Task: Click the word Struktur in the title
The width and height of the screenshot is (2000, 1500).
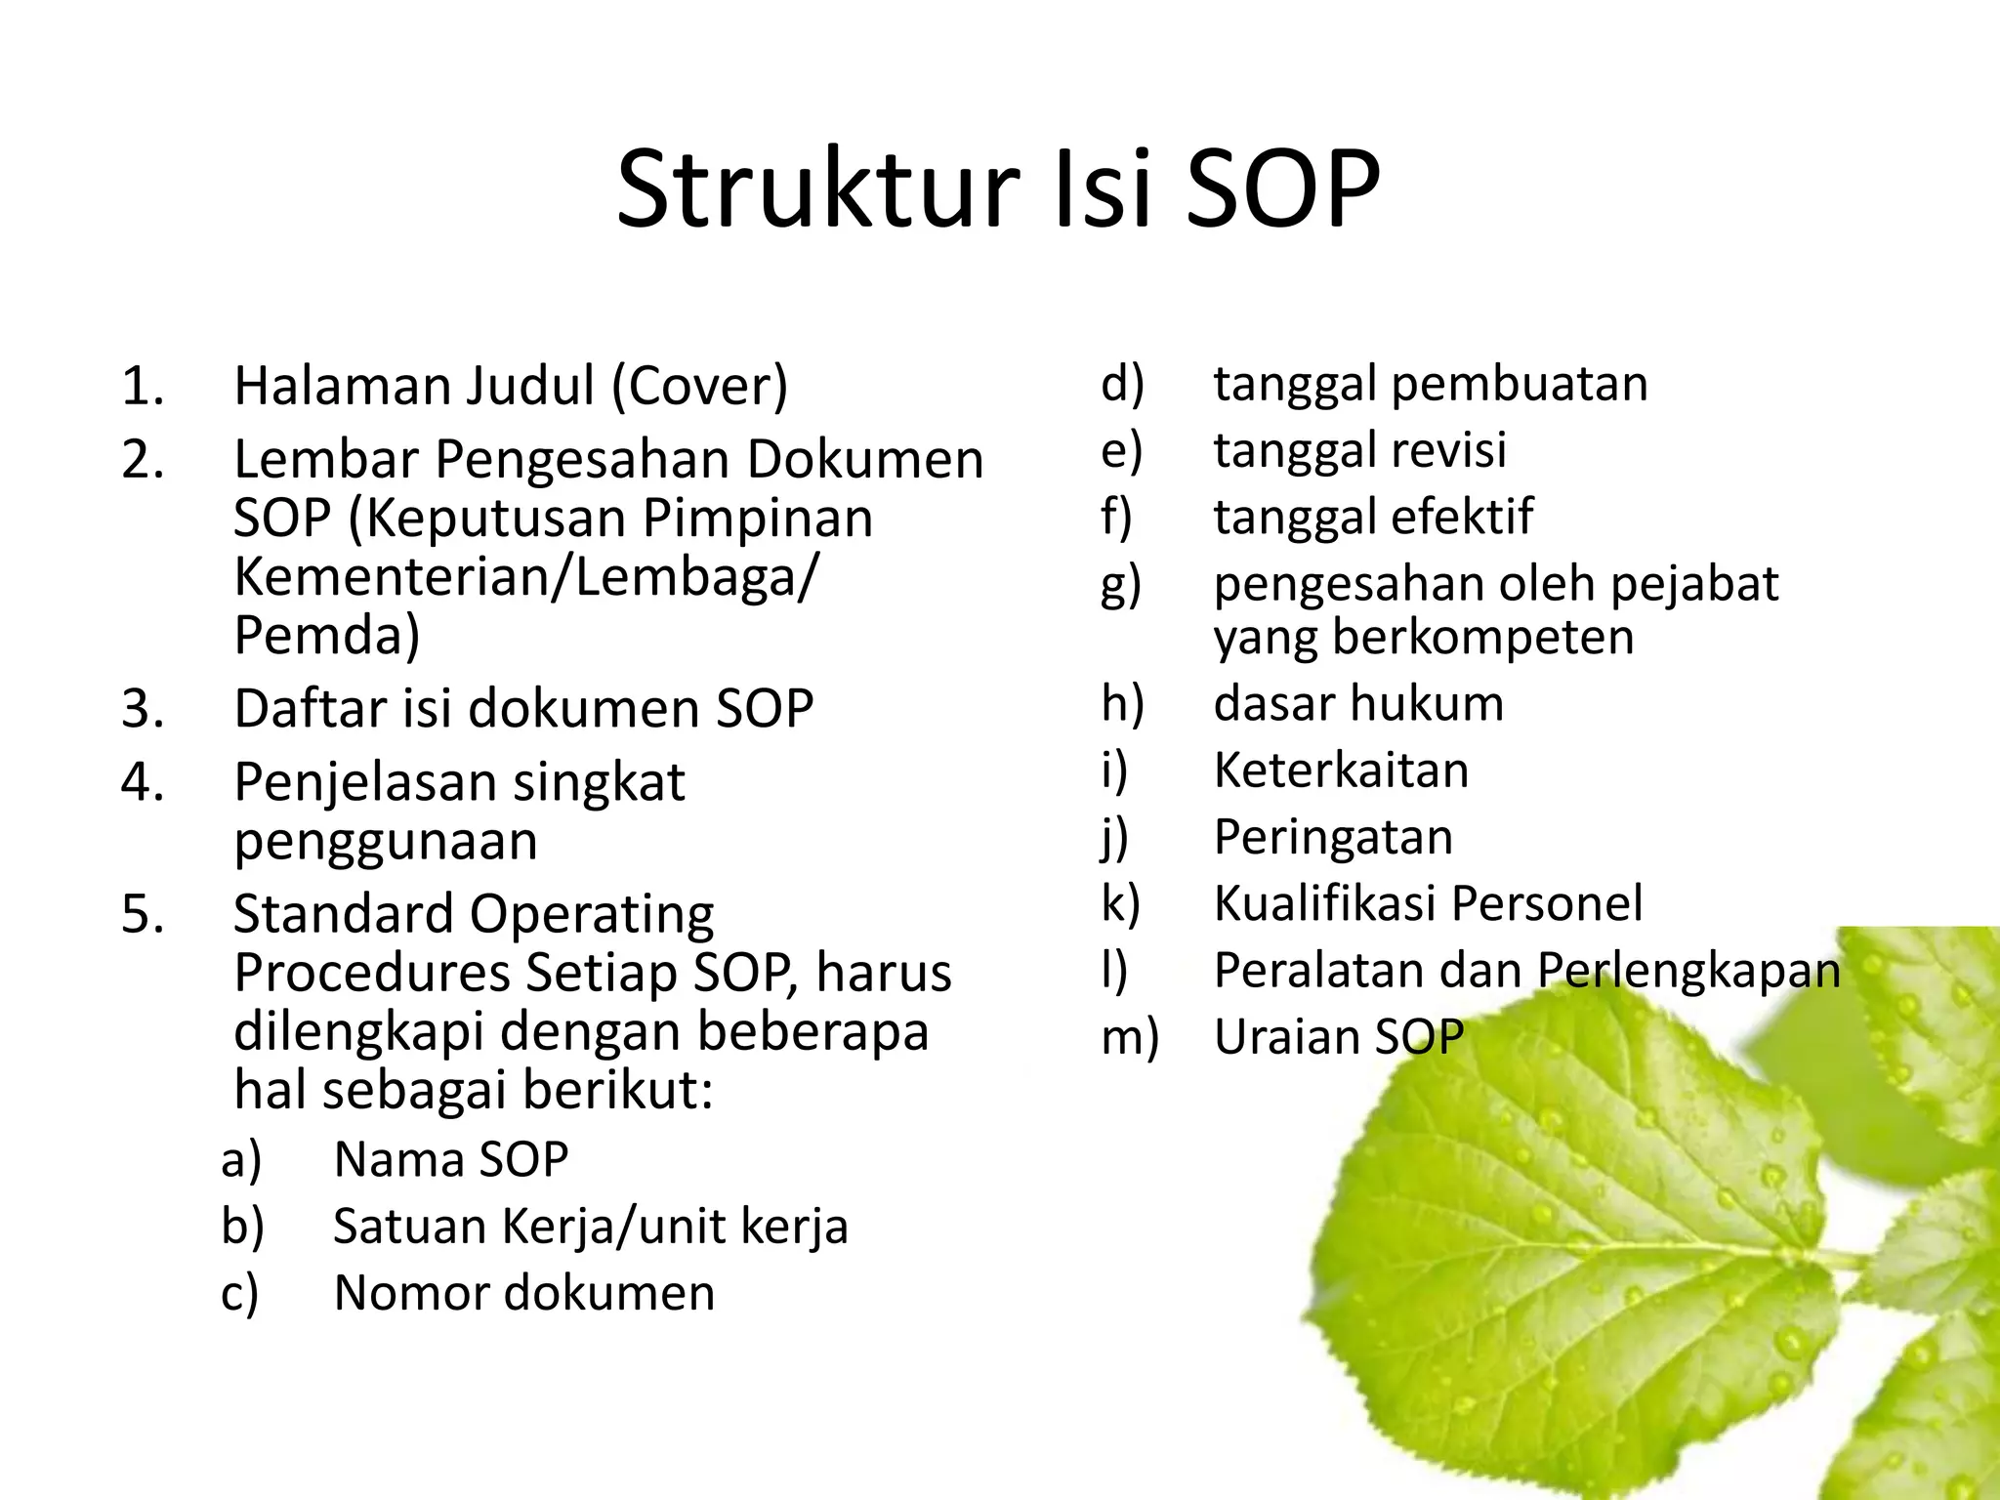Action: (x=818, y=189)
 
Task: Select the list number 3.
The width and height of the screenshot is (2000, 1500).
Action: (x=143, y=709)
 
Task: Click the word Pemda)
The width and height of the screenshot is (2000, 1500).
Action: (x=327, y=636)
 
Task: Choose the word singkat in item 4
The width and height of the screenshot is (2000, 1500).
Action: (x=599, y=782)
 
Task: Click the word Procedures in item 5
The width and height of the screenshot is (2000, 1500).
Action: (x=372, y=973)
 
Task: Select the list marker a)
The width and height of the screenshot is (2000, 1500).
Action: (x=241, y=1161)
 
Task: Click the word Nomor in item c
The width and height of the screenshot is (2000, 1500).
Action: (x=410, y=1293)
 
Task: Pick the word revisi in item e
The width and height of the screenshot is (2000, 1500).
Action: (x=1448, y=450)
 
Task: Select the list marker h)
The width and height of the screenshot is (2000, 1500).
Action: (x=1122, y=704)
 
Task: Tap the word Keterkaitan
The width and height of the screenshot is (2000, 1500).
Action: (x=1341, y=771)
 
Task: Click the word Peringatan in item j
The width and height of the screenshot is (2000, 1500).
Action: (x=1333, y=838)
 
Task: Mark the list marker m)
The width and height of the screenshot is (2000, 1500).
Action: (x=1130, y=1037)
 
